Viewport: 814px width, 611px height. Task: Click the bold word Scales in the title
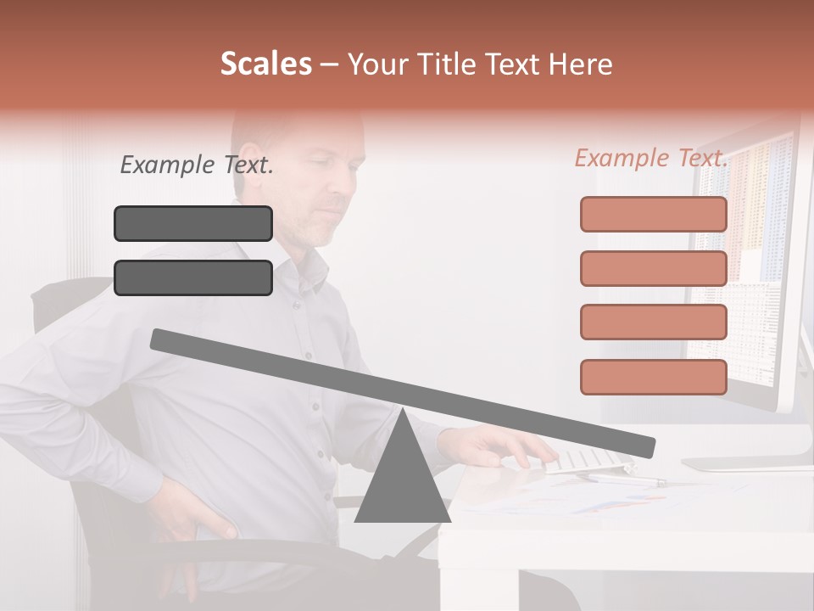click(x=265, y=64)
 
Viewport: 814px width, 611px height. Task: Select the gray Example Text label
click(x=196, y=165)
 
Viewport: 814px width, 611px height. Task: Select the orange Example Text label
click(x=651, y=158)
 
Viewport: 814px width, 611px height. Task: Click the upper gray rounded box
click(x=193, y=224)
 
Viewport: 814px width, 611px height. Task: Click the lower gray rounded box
click(x=193, y=277)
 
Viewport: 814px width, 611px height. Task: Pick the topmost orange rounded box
click(x=653, y=215)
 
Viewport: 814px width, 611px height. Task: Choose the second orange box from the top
click(x=653, y=268)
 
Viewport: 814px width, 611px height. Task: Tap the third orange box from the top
click(x=653, y=322)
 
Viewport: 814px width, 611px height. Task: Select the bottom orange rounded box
click(x=653, y=377)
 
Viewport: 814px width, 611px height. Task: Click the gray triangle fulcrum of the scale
click(x=402, y=479)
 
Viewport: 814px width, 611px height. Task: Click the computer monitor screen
click(x=750, y=255)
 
